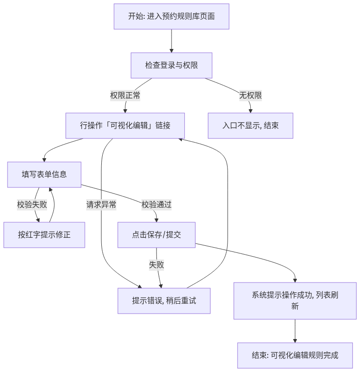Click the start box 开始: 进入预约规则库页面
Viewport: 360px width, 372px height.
point(172,16)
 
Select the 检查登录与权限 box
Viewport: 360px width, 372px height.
point(172,65)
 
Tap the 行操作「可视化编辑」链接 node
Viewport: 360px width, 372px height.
point(125,126)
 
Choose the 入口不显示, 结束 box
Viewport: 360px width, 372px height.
point(251,126)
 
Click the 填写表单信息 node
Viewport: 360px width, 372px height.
point(44,175)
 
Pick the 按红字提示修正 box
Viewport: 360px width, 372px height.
point(44,235)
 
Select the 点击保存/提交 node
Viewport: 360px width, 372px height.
point(156,235)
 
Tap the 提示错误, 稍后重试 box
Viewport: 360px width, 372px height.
point(164,301)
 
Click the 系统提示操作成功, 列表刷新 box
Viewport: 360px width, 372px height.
point(295,301)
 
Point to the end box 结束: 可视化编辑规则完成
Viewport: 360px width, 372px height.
point(295,356)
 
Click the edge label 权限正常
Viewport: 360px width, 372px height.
point(125,96)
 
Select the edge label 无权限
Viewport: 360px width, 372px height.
point(251,96)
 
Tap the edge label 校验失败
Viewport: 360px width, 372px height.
point(32,204)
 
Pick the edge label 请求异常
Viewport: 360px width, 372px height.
point(101,204)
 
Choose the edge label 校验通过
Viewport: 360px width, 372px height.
point(156,204)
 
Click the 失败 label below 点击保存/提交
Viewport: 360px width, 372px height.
point(156,265)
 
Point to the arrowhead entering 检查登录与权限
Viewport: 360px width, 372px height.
point(172,51)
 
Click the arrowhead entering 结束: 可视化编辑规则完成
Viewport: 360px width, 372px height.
point(295,341)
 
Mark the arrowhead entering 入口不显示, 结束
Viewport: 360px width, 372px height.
point(251,111)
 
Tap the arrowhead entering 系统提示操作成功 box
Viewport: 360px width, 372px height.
point(295,281)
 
